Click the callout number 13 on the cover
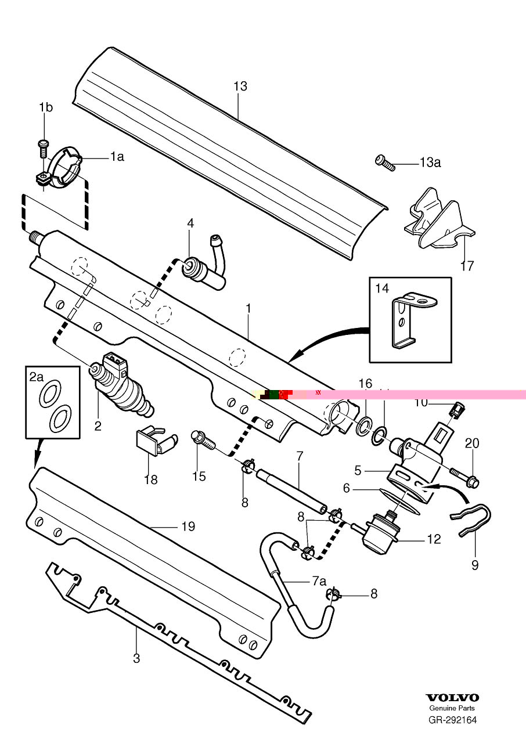[240, 86]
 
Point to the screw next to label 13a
[385, 162]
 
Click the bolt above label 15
[203, 439]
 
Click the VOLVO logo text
[452, 698]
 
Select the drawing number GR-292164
[452, 720]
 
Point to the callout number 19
[188, 527]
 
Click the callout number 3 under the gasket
[136, 658]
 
